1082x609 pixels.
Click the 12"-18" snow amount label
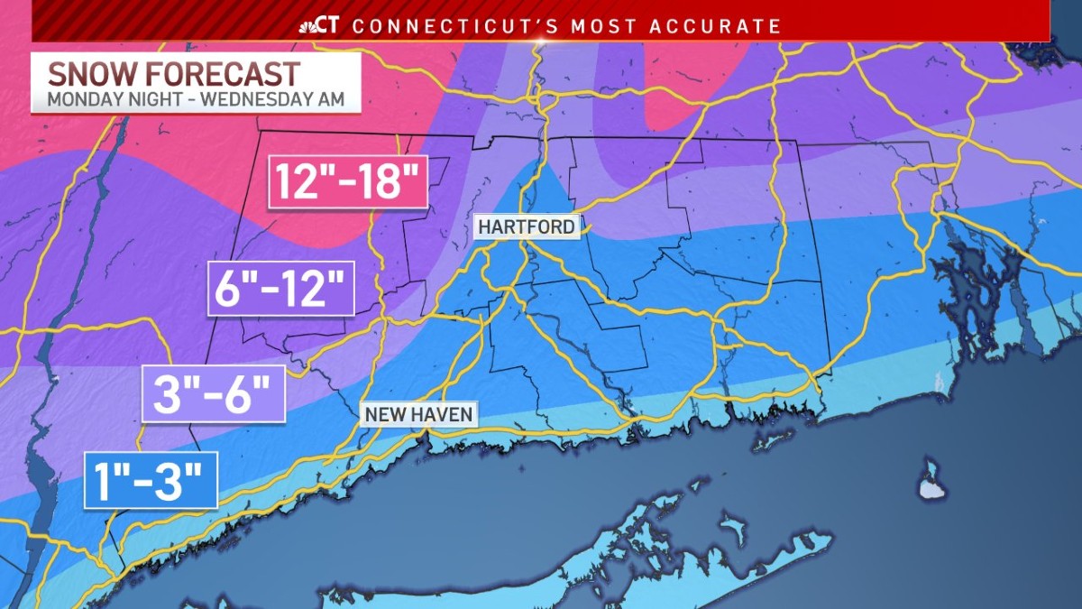[347, 182]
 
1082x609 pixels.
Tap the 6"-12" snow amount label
[280, 289]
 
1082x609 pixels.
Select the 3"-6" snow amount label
[215, 395]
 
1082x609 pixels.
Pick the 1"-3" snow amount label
[151, 480]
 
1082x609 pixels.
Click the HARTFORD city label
[527, 226]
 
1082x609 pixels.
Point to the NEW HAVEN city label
[418, 414]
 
